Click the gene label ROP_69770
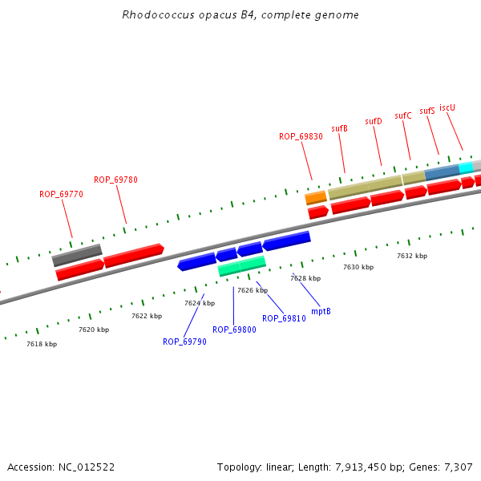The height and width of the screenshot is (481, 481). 61,194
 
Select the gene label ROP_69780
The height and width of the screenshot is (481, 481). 115,180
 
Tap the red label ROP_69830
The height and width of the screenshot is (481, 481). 301,137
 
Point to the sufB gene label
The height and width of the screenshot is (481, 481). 339,128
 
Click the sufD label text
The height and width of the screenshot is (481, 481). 374,121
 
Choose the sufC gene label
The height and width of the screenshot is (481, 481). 402,115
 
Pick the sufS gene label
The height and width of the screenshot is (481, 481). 427,111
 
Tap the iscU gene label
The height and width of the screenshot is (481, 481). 447,107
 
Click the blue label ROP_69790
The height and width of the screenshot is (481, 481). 184,342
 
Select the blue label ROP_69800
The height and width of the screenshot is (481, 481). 234,329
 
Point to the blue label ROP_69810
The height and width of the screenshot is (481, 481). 284,318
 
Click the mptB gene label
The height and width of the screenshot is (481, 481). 321,311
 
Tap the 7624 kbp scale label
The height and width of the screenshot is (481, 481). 200,304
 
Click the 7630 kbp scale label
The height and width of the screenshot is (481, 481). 358,267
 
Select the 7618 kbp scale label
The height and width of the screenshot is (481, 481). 42,344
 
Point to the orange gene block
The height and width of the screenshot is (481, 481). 316,197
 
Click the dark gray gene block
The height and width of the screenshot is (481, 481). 77,255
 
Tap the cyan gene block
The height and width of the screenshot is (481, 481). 466,168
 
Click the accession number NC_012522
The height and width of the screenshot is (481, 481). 83,467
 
